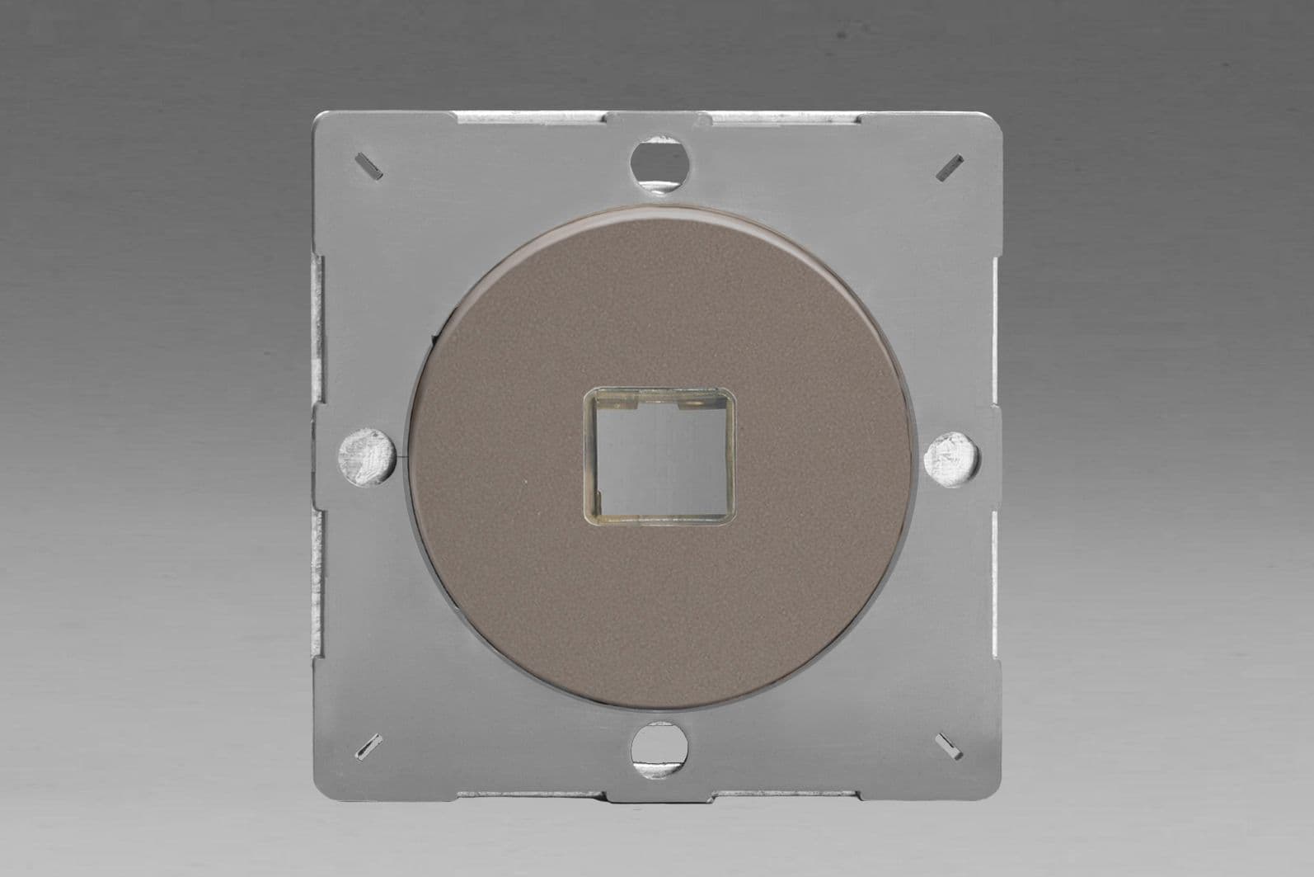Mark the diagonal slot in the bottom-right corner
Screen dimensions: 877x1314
[950, 745]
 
